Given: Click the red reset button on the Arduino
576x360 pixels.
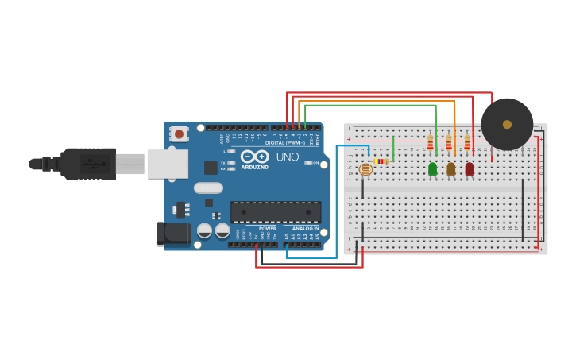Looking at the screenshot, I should coord(179,134).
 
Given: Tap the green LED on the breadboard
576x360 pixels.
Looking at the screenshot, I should coord(432,168).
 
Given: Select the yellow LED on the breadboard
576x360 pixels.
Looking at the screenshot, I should coord(451,168).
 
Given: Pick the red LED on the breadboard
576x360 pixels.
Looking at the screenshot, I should coord(470,168).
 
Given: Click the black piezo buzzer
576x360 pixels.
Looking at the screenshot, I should coord(507,125).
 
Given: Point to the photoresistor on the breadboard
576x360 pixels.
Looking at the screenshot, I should coord(365,169).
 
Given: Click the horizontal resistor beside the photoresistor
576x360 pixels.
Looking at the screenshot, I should coord(381,161).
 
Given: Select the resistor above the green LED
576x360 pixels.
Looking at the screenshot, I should coord(431,143).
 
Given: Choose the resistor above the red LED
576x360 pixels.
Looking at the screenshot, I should coord(467,143).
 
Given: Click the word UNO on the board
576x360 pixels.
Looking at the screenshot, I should coord(287,157).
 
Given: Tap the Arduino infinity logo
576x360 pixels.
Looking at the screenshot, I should coord(254,157).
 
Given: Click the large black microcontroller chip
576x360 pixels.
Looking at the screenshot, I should coord(276,212).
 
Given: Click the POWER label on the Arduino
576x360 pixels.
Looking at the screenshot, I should coord(268,229).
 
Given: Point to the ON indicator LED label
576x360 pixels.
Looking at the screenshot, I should coord(315,163).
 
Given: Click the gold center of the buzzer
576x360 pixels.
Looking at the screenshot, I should coord(507,125).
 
